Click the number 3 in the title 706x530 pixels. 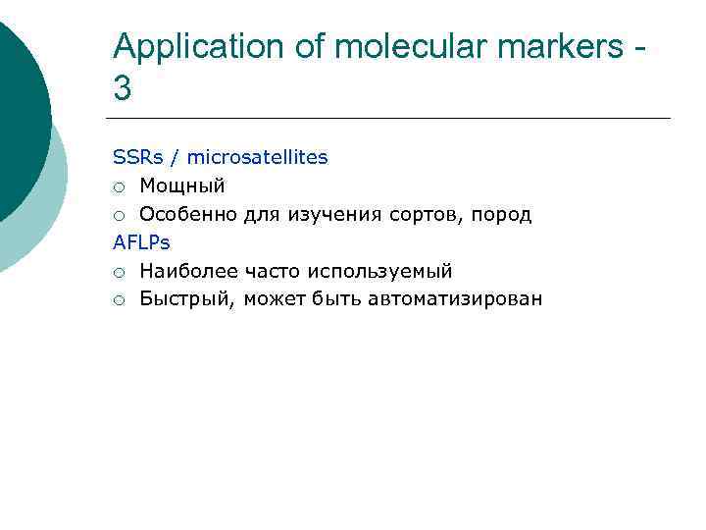tap(123, 89)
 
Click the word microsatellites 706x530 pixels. tap(257, 157)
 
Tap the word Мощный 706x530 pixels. tap(181, 185)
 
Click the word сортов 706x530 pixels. tap(422, 214)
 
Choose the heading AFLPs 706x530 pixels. tap(141, 242)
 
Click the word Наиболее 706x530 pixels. tap(185, 271)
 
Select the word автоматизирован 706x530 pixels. tap(454, 299)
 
